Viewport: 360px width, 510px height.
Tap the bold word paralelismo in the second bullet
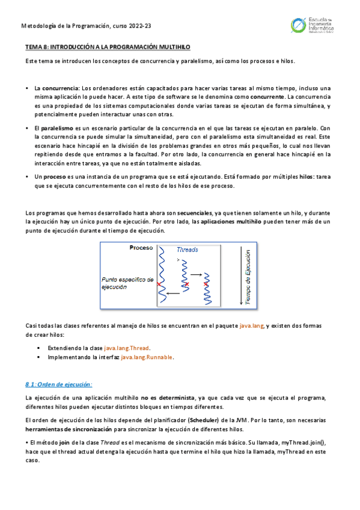(x=57, y=129)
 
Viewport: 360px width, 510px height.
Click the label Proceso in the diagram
(x=141, y=248)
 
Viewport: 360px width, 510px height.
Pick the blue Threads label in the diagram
(x=188, y=250)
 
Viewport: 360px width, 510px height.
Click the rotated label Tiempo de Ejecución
(x=248, y=277)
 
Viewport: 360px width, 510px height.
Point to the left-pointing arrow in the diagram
(x=173, y=293)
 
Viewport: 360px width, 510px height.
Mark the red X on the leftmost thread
(x=159, y=283)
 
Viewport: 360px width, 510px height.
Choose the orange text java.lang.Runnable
(x=147, y=357)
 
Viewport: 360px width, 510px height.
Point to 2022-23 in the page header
(x=142, y=25)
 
